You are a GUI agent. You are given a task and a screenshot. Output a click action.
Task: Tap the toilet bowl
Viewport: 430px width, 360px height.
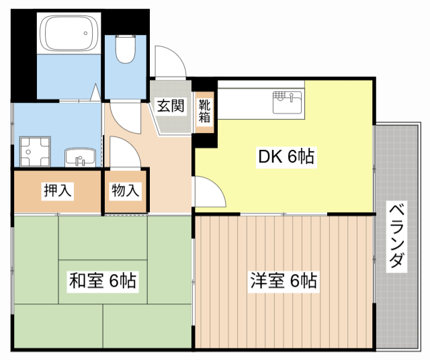tap(126, 50)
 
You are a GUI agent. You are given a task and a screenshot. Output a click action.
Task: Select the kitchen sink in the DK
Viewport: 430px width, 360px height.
tap(288, 103)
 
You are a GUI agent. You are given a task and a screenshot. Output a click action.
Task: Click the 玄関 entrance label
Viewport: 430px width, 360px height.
tap(171, 105)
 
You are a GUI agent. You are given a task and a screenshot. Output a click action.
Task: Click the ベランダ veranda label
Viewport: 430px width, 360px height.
tap(396, 234)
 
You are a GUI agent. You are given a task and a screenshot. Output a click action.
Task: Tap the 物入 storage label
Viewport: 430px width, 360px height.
tap(125, 191)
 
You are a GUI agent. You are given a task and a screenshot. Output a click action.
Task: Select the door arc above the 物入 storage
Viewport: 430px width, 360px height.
tap(125, 153)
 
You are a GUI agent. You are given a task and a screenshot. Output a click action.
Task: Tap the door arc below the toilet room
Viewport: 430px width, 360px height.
tap(125, 114)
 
